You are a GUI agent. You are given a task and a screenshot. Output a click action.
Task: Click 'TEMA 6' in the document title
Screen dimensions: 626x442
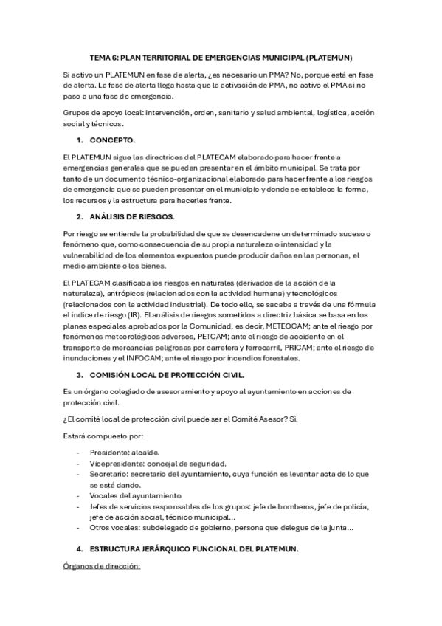103,57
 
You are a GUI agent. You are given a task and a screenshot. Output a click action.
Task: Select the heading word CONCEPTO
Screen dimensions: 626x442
112,140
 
